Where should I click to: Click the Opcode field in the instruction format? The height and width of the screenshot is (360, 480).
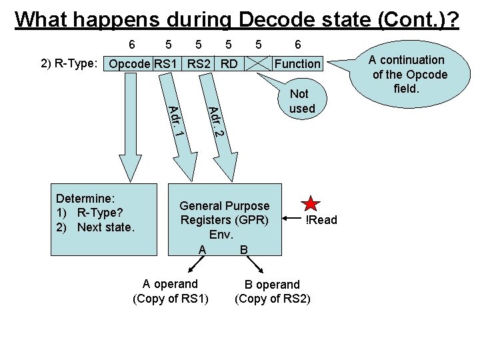click(x=130, y=64)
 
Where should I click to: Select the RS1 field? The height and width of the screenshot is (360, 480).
click(x=166, y=64)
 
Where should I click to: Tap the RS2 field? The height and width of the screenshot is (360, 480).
click(x=201, y=64)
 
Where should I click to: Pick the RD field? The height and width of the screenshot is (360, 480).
click(x=229, y=64)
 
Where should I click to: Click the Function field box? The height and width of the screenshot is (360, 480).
click(x=297, y=64)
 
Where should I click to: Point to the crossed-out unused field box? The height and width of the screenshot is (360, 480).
click(x=259, y=64)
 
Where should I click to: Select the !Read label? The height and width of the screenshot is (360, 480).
click(x=321, y=220)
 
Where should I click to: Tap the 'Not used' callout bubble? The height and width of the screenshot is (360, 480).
click(x=301, y=101)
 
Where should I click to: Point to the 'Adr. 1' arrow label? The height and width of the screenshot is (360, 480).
click(x=176, y=121)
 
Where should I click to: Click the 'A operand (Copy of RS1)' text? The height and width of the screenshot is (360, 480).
click(x=171, y=291)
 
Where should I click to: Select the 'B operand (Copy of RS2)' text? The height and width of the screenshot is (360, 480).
click(x=272, y=291)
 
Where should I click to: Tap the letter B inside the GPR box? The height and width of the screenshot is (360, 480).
click(x=244, y=249)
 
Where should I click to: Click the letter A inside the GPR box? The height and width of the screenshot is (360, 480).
click(x=203, y=249)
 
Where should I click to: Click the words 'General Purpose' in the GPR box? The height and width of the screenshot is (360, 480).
click(x=225, y=206)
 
